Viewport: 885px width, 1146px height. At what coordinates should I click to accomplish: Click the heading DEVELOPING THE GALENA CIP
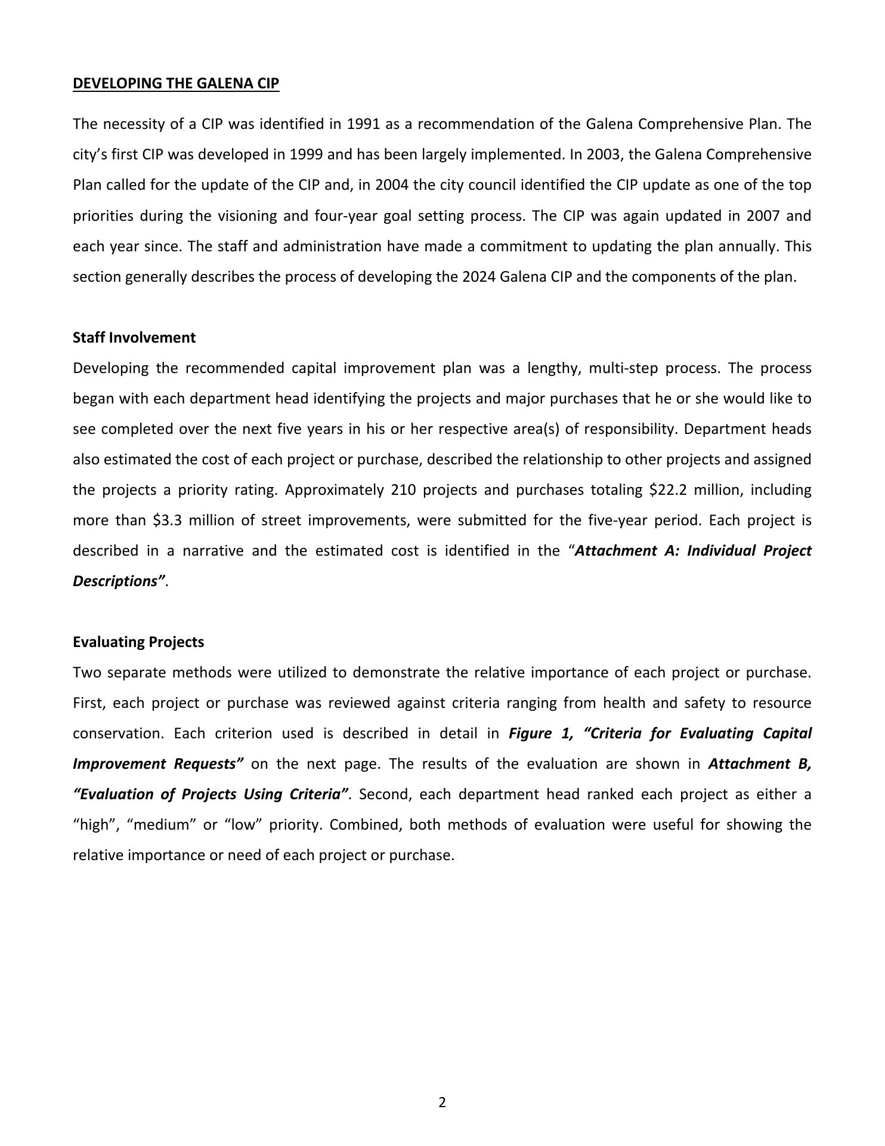(x=176, y=84)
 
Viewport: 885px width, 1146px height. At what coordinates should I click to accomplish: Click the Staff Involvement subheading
(x=134, y=338)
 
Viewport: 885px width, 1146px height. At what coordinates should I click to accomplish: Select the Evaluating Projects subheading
(x=138, y=642)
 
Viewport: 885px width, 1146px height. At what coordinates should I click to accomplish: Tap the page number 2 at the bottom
(x=442, y=1102)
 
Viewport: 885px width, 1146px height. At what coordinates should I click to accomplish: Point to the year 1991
(x=363, y=124)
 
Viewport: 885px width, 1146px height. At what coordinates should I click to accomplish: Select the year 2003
(x=604, y=155)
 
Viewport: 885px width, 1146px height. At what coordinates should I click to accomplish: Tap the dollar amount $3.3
(x=171, y=520)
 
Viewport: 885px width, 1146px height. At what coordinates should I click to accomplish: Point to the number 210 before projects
(x=403, y=490)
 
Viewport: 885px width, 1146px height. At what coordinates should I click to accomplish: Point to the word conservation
(x=117, y=734)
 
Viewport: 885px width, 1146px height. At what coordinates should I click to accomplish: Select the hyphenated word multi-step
(x=623, y=368)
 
